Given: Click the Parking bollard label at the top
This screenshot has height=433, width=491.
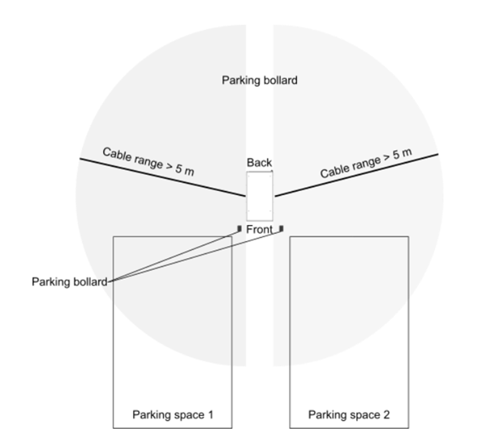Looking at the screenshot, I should click(260, 80).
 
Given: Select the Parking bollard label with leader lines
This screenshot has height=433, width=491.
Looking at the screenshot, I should click(69, 281).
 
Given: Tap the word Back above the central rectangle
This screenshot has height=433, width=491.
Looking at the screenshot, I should click(260, 163).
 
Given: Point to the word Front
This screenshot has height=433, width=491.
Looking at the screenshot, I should click(260, 230).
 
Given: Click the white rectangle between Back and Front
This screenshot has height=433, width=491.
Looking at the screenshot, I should click(260, 196).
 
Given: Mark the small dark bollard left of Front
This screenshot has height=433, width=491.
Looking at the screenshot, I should click(239, 228).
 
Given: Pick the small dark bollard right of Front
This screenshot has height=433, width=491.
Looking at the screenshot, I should click(281, 228).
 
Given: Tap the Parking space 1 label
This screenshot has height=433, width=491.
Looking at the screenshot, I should click(173, 415).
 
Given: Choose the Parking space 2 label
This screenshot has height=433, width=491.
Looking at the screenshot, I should click(349, 415).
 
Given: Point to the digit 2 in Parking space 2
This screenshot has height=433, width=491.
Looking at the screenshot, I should click(386, 415).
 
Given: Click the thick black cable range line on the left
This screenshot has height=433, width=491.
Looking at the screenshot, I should click(162, 178).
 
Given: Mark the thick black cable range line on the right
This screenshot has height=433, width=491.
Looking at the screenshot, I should click(357, 175).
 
